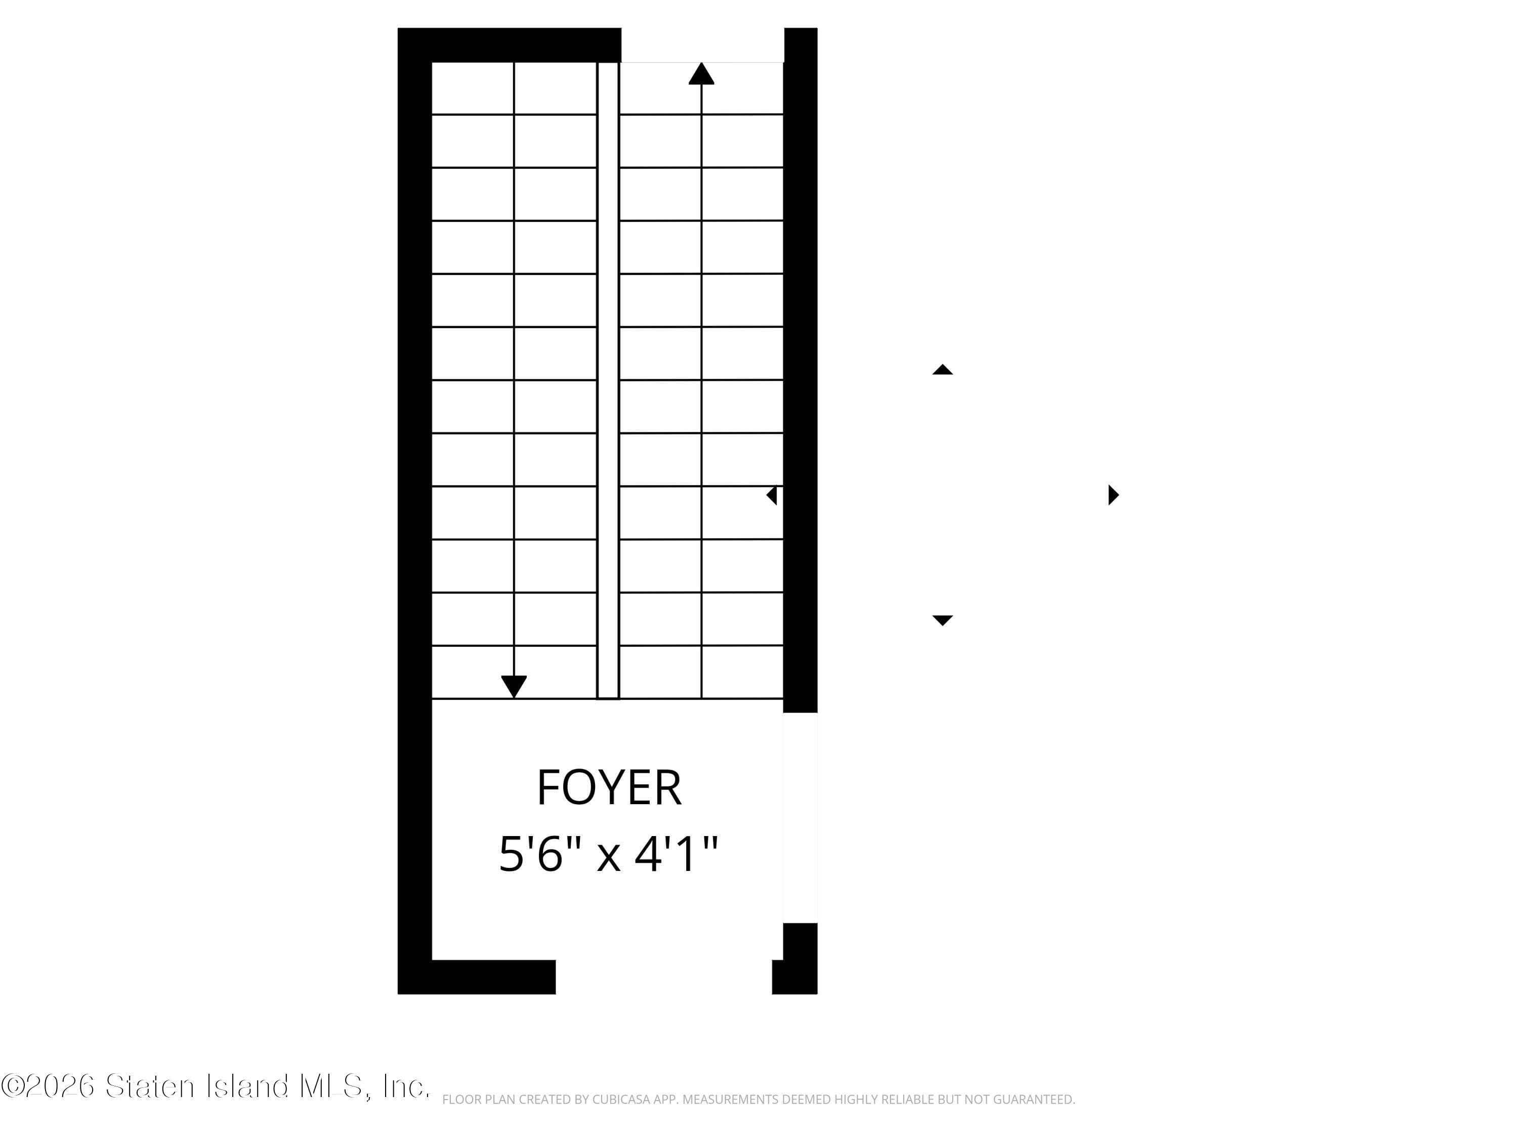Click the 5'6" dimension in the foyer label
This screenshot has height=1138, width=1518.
click(539, 855)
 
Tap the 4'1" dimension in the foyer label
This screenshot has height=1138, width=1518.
click(676, 855)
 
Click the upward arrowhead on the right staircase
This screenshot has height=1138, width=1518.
click(701, 74)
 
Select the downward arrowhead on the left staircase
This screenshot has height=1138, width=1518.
click(514, 685)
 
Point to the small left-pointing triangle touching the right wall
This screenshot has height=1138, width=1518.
click(772, 495)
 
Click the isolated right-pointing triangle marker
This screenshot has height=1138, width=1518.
click(1113, 495)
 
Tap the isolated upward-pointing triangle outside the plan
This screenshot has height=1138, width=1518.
click(942, 370)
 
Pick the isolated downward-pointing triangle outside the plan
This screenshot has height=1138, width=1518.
click(942, 620)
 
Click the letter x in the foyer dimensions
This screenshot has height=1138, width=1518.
click(608, 857)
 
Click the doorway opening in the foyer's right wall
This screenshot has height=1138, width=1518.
click(800, 818)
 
